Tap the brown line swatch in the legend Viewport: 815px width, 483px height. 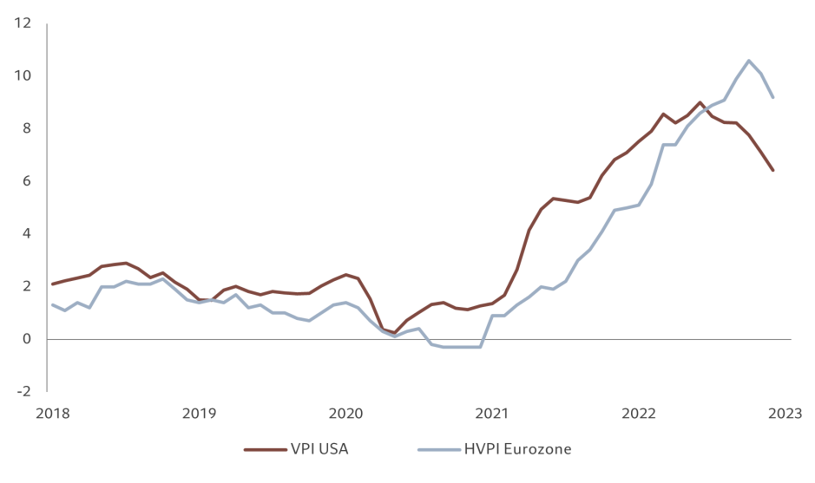coord(264,449)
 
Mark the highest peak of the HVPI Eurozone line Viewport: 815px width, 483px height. coord(748,60)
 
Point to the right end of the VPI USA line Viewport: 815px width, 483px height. coord(772,170)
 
